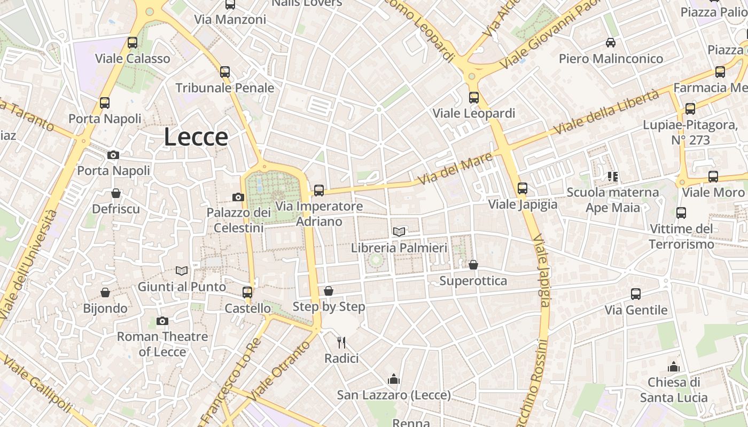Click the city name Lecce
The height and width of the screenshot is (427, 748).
[196, 137]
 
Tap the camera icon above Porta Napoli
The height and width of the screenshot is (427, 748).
[113, 155]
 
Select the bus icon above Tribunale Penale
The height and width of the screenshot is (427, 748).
[225, 72]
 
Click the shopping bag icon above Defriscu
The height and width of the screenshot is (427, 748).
[116, 193]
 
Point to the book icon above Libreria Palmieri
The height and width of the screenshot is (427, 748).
[399, 232]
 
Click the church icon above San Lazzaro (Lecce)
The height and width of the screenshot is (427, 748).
[394, 379]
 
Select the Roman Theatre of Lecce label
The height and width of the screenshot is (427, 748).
[162, 344]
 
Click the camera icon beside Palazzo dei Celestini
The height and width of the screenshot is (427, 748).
[238, 197]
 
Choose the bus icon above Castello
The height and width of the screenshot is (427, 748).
[247, 292]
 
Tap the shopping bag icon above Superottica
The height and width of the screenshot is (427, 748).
[473, 265]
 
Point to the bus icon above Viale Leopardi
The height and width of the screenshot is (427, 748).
[474, 97]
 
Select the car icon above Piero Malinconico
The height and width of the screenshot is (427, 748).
[611, 43]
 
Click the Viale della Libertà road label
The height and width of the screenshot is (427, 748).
[606, 112]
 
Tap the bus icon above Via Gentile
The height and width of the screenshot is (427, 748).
[636, 294]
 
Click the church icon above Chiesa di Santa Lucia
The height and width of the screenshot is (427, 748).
[674, 367]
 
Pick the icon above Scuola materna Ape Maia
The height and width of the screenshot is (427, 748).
[613, 176]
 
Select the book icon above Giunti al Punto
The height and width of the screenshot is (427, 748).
[182, 271]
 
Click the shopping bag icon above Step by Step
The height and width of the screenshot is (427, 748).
[329, 291]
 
